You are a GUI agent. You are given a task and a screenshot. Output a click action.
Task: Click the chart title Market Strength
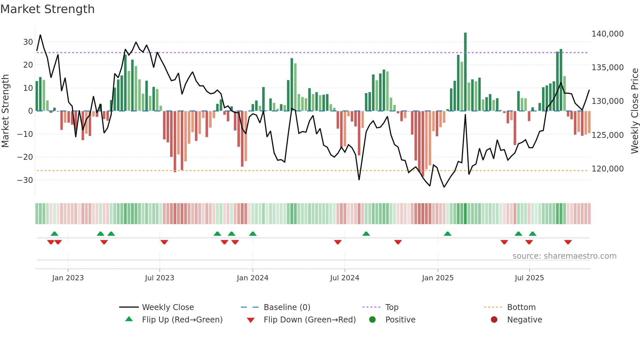pyautogui.click(x=47, y=9)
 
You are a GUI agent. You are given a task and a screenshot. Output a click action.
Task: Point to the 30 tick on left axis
pyautogui.click(x=28, y=42)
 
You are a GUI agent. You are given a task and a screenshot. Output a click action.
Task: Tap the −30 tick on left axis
pyautogui.click(x=25, y=180)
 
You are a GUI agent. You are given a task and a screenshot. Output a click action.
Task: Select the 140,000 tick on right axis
pyautogui.click(x=607, y=34)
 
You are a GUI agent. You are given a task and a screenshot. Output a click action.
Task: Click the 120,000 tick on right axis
pyautogui.click(x=607, y=169)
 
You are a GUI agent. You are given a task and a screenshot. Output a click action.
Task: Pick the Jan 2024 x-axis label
pyautogui.click(x=252, y=278)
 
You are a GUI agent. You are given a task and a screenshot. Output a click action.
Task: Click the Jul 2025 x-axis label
pyautogui.click(x=529, y=278)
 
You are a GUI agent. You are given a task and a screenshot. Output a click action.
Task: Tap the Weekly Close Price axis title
pyautogui.click(x=634, y=111)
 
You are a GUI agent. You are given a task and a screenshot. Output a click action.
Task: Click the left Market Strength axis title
pyautogui.click(x=6, y=111)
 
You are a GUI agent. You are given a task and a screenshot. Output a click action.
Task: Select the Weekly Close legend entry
pyautogui.click(x=168, y=307)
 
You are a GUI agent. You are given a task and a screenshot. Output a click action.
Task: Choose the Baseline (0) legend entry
pyautogui.click(x=287, y=307)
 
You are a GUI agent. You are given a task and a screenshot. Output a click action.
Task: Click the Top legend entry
pyautogui.click(x=392, y=307)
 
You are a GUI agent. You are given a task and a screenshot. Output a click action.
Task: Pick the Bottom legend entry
pyautogui.click(x=521, y=307)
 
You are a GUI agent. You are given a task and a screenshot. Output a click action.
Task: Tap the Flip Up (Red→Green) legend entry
pyautogui.click(x=182, y=320)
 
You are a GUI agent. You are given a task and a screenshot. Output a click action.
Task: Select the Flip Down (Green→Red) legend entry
pyautogui.click(x=310, y=320)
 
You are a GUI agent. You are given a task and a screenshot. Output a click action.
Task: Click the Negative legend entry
pyautogui.click(x=524, y=320)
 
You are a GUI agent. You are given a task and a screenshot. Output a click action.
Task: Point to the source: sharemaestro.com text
pyautogui.click(x=564, y=256)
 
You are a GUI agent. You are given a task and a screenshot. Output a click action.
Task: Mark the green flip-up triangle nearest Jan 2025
pyautogui.click(x=447, y=234)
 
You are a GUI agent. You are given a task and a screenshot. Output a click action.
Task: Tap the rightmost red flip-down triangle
pyautogui.click(x=568, y=242)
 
